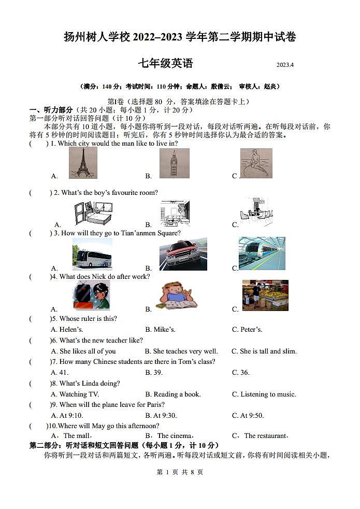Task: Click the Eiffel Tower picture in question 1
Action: tap(83, 163)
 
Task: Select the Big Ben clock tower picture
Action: tap(174, 163)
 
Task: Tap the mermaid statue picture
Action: tap(256, 163)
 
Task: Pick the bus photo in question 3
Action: tap(92, 256)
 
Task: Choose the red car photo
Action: tap(183, 254)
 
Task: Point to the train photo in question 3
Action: tap(262, 253)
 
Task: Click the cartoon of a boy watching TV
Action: tap(91, 296)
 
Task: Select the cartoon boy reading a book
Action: tap(176, 296)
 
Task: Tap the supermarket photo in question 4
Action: tap(265, 295)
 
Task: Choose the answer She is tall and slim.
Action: tap(264, 351)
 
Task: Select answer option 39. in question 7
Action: tap(154, 373)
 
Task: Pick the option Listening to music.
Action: tap(264, 394)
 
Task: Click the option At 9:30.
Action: tap(161, 416)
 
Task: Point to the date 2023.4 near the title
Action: tap(285, 65)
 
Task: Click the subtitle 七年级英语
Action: tap(165, 64)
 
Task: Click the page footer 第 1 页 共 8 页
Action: tap(180, 472)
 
